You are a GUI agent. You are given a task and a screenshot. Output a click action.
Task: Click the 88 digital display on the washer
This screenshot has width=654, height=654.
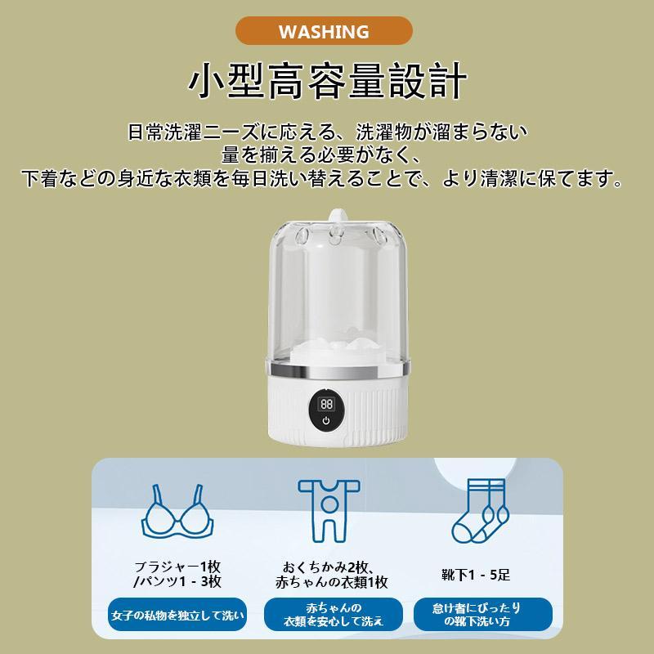pyautogui.click(x=326, y=404)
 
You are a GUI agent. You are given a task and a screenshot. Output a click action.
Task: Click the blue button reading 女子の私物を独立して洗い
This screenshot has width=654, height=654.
pyautogui.click(x=177, y=614)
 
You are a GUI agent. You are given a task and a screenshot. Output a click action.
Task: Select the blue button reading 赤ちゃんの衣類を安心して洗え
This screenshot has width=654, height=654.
pyautogui.click(x=333, y=615)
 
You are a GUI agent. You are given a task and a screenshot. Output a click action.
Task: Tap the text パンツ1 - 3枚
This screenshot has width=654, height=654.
pyautogui.click(x=180, y=582)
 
